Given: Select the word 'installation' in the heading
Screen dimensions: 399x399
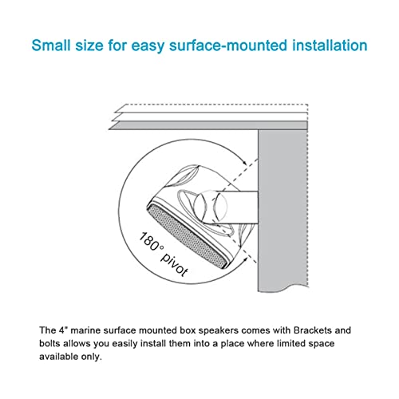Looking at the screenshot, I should click(x=330, y=45).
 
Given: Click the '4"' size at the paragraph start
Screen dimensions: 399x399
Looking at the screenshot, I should click(x=61, y=329).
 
